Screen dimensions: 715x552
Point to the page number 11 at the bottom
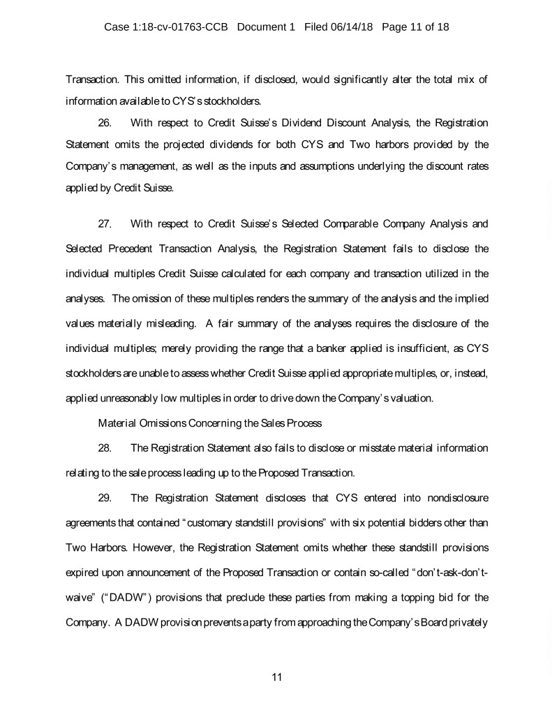click(276, 677)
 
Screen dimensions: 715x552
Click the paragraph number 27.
click(105, 225)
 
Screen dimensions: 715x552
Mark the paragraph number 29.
click(105, 499)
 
